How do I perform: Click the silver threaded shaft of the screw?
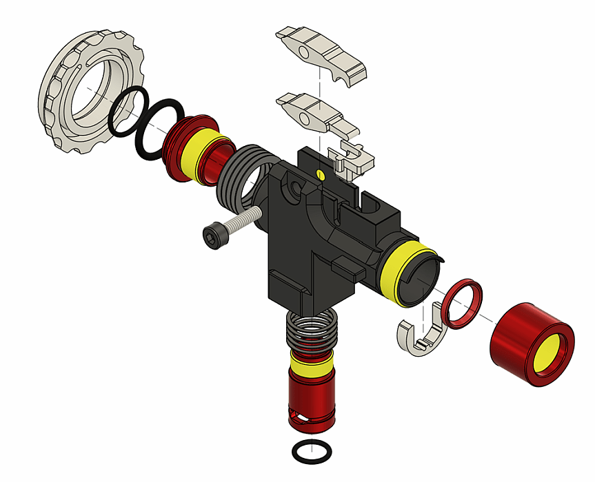[241, 222]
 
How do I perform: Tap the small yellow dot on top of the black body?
[319, 173]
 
